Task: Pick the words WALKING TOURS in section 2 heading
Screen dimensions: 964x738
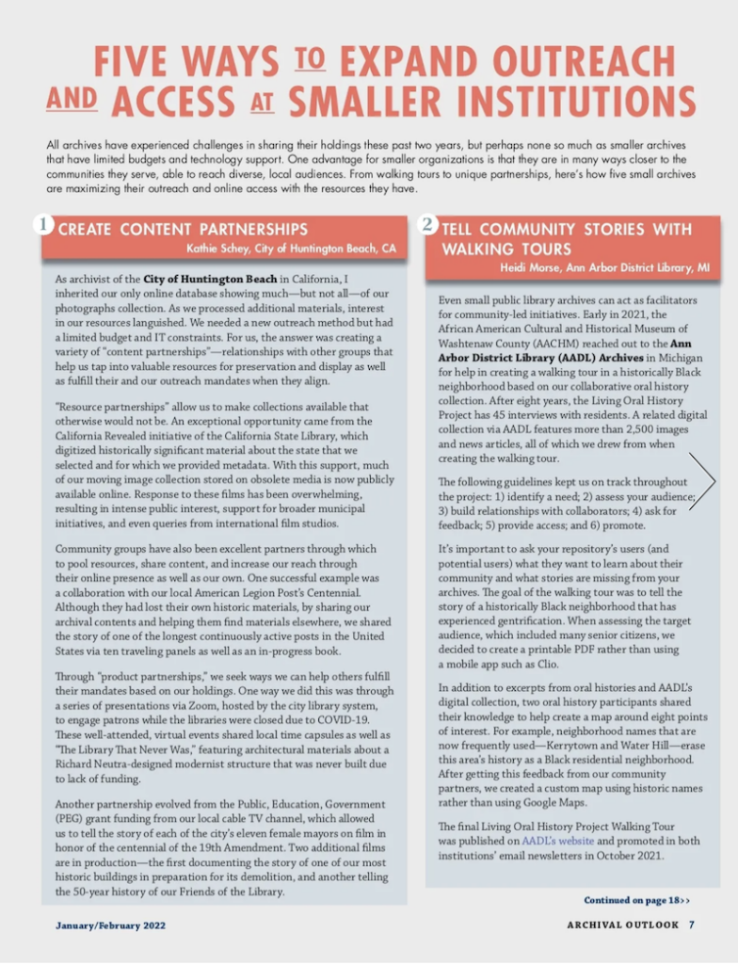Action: point(505,249)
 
